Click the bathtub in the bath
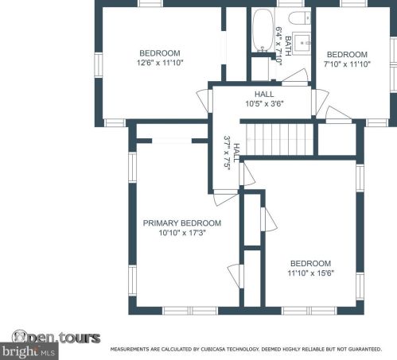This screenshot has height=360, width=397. (x=263, y=30)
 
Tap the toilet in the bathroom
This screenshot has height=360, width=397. (x=300, y=17)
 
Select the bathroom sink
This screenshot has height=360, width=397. (x=302, y=43)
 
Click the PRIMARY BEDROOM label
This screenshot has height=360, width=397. (x=182, y=223)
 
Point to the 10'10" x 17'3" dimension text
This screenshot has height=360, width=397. (x=182, y=233)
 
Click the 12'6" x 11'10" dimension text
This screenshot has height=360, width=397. (x=160, y=63)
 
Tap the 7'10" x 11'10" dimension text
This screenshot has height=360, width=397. (x=347, y=64)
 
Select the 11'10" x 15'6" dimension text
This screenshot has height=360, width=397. (x=311, y=273)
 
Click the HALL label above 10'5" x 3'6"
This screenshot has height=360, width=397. (x=264, y=94)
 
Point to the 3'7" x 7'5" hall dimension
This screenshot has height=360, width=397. (x=227, y=153)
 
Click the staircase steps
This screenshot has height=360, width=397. (x=279, y=139)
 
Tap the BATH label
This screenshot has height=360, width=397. (x=288, y=46)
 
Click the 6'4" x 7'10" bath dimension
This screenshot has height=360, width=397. (x=278, y=46)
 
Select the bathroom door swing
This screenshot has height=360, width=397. (x=295, y=76)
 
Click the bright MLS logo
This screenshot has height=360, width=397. (x=29, y=351)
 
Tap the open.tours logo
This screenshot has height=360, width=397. (x=56, y=337)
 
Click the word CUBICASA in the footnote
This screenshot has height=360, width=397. (x=212, y=349)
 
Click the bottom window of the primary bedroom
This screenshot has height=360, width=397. (x=190, y=311)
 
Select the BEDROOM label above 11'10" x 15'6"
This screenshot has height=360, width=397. (x=311, y=263)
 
